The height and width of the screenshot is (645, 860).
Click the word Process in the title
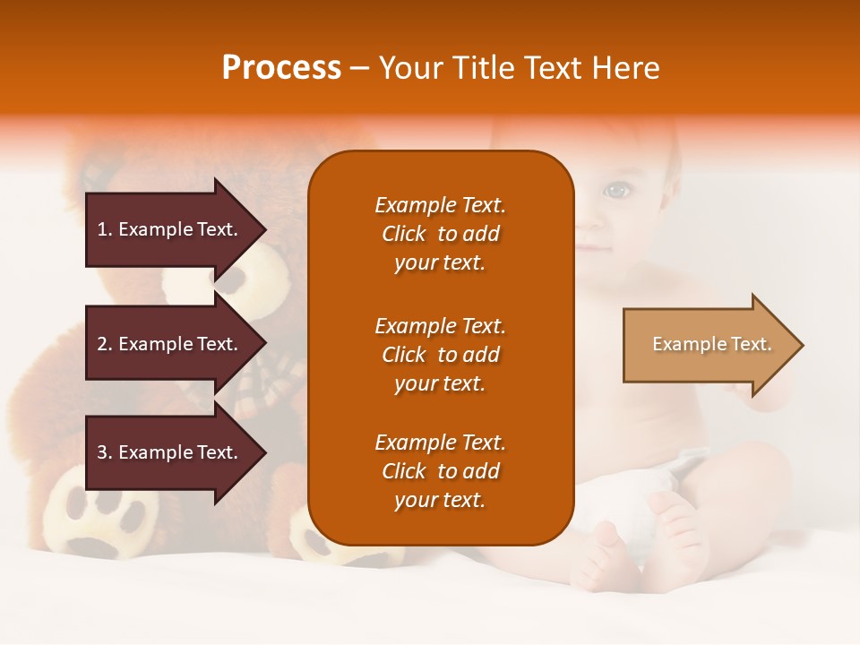[x=281, y=68]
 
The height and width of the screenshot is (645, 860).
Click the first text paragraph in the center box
[x=440, y=234]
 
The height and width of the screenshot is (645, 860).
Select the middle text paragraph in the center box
[x=440, y=355]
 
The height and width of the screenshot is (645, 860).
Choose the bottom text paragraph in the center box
[x=440, y=471]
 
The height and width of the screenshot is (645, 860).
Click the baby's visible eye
[x=615, y=190]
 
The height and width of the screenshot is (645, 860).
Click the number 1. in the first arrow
[x=105, y=229]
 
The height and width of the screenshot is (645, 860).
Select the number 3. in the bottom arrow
[x=105, y=452]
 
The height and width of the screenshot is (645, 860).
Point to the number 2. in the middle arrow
[x=105, y=344]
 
